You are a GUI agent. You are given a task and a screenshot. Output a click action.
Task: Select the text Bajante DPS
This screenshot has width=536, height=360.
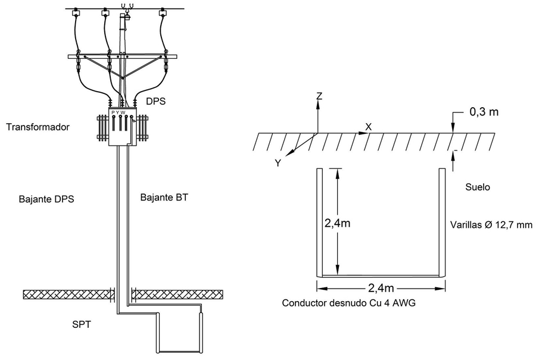click(x=46, y=199)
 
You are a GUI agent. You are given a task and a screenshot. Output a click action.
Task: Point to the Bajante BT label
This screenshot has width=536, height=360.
click(x=164, y=197)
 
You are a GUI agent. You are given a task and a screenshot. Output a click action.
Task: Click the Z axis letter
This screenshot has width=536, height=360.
click(x=319, y=96)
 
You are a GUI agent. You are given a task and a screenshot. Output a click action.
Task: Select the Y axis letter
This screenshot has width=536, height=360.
click(x=278, y=162)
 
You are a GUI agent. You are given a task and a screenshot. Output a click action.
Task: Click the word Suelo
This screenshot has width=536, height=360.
click(x=478, y=187)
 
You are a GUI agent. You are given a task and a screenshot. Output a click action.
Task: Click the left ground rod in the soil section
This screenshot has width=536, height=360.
click(x=319, y=223)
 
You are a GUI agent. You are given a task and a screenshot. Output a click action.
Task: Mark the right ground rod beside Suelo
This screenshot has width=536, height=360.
click(x=442, y=223)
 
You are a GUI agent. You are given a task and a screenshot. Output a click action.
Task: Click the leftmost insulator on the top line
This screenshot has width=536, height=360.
click(x=77, y=12)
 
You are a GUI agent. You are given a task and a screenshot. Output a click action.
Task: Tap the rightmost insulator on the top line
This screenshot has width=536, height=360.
click(x=161, y=12)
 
